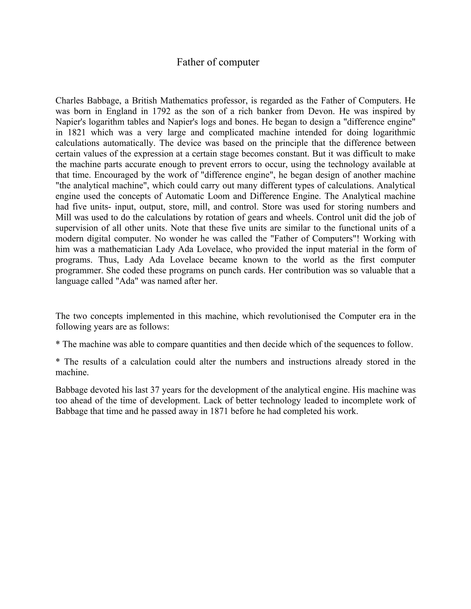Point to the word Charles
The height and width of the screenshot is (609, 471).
pyautogui.click(x=69, y=100)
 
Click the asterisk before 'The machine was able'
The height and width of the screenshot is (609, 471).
pyautogui.click(x=58, y=344)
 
